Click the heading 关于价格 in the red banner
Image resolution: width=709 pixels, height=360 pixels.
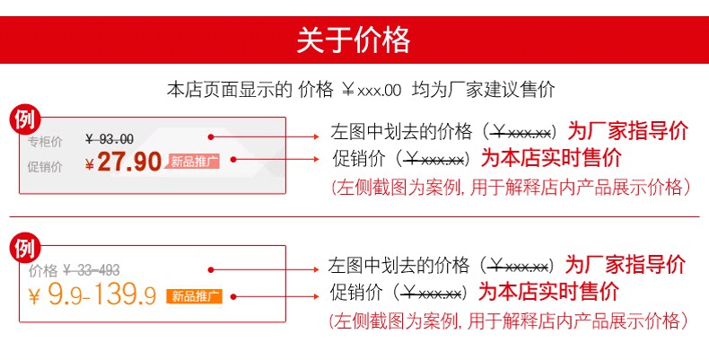click(354, 40)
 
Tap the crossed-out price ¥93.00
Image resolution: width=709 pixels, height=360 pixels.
click(109, 138)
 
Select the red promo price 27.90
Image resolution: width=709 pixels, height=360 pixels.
click(129, 162)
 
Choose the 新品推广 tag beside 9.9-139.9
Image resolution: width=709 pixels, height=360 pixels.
click(193, 294)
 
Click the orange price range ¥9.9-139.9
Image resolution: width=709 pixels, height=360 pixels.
click(92, 295)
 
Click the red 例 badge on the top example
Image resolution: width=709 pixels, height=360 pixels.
click(27, 119)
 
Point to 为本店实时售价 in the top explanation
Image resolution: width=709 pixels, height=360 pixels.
click(551, 159)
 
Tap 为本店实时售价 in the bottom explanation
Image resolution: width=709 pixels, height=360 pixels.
click(547, 293)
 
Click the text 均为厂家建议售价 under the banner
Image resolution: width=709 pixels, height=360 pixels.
click(484, 89)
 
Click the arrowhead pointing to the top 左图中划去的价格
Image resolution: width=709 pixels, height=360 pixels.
click(318, 136)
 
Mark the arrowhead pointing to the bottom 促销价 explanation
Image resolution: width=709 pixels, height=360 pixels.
click(317, 294)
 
